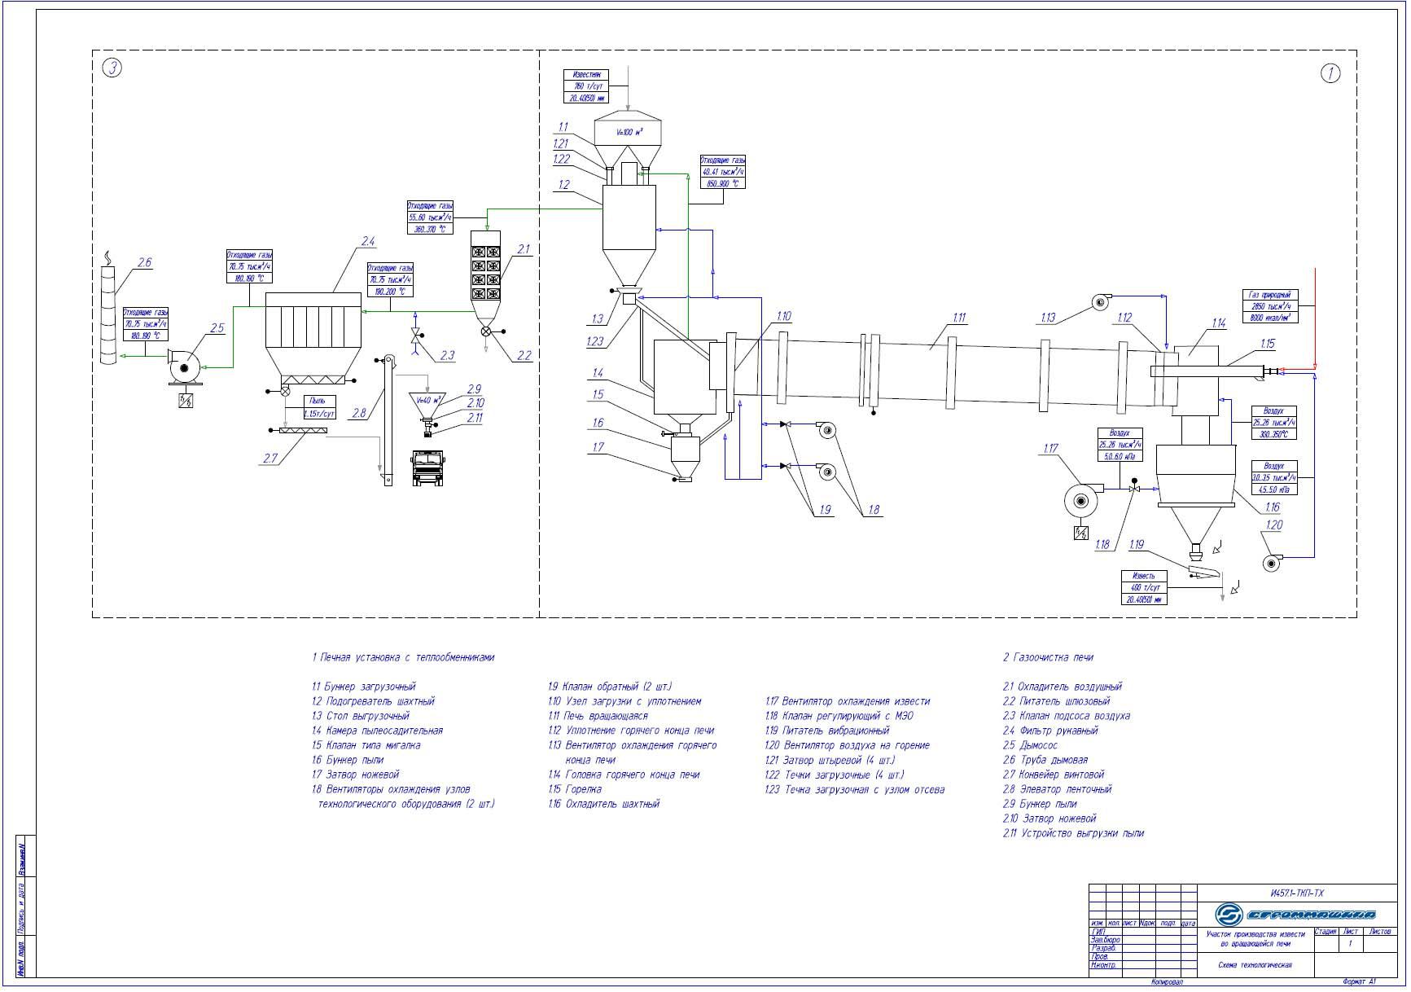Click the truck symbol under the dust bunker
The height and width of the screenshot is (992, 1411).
(427, 467)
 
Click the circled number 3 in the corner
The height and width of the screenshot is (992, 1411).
(112, 68)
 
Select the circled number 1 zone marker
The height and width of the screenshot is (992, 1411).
(1330, 73)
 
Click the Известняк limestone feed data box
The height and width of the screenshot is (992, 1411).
(585, 86)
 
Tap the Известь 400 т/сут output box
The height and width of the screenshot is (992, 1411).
(1143, 587)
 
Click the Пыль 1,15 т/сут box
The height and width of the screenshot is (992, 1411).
(318, 407)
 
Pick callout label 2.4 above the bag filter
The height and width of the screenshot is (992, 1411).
(367, 241)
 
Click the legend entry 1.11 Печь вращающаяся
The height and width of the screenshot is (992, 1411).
(598, 716)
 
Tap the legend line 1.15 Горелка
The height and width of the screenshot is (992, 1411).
(575, 789)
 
